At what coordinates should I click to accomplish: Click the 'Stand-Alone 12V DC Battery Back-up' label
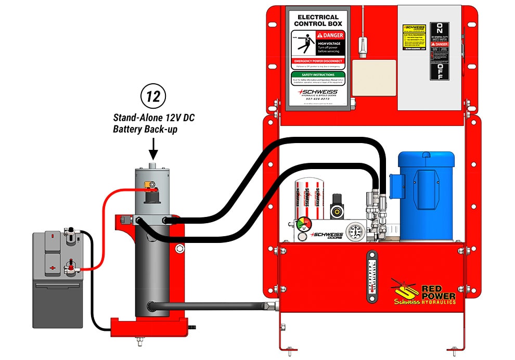(x=154, y=124)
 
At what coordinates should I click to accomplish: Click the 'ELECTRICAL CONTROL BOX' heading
(x=317, y=20)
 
